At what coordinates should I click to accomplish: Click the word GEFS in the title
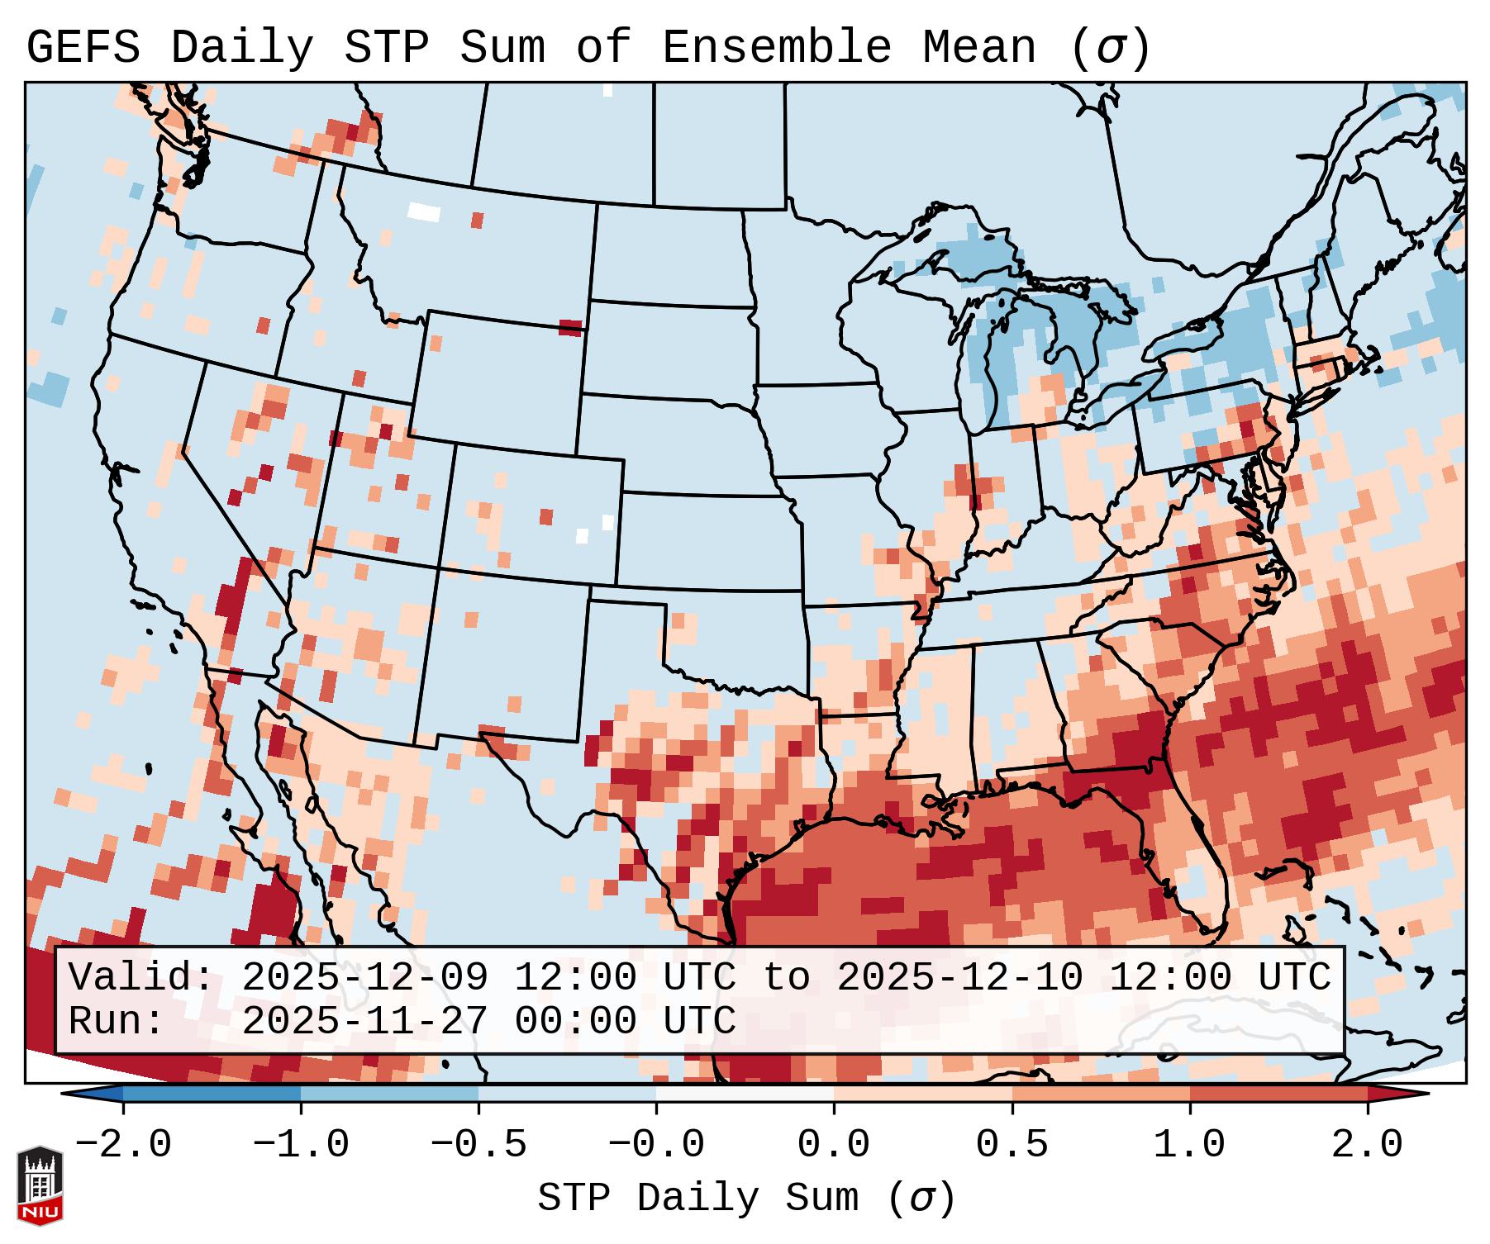[x=83, y=48]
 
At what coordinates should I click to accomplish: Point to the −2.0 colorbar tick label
[x=123, y=1145]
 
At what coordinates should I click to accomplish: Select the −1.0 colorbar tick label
[x=301, y=1145]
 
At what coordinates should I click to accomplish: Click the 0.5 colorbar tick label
[x=1012, y=1145]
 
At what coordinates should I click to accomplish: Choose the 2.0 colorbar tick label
[x=1368, y=1145]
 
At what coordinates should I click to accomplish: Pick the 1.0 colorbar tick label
[x=1190, y=1145]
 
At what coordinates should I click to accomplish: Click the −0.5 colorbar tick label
[x=478, y=1145]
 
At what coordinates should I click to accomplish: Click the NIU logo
[x=40, y=1185]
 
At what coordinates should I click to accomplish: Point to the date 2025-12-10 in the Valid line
[x=959, y=978]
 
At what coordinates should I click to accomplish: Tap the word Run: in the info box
[x=117, y=1021]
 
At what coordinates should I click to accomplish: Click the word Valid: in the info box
[x=140, y=978]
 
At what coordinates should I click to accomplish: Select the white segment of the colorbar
[x=745, y=1094]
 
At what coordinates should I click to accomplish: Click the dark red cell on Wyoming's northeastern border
[x=570, y=328]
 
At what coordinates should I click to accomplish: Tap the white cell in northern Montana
[x=425, y=211]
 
